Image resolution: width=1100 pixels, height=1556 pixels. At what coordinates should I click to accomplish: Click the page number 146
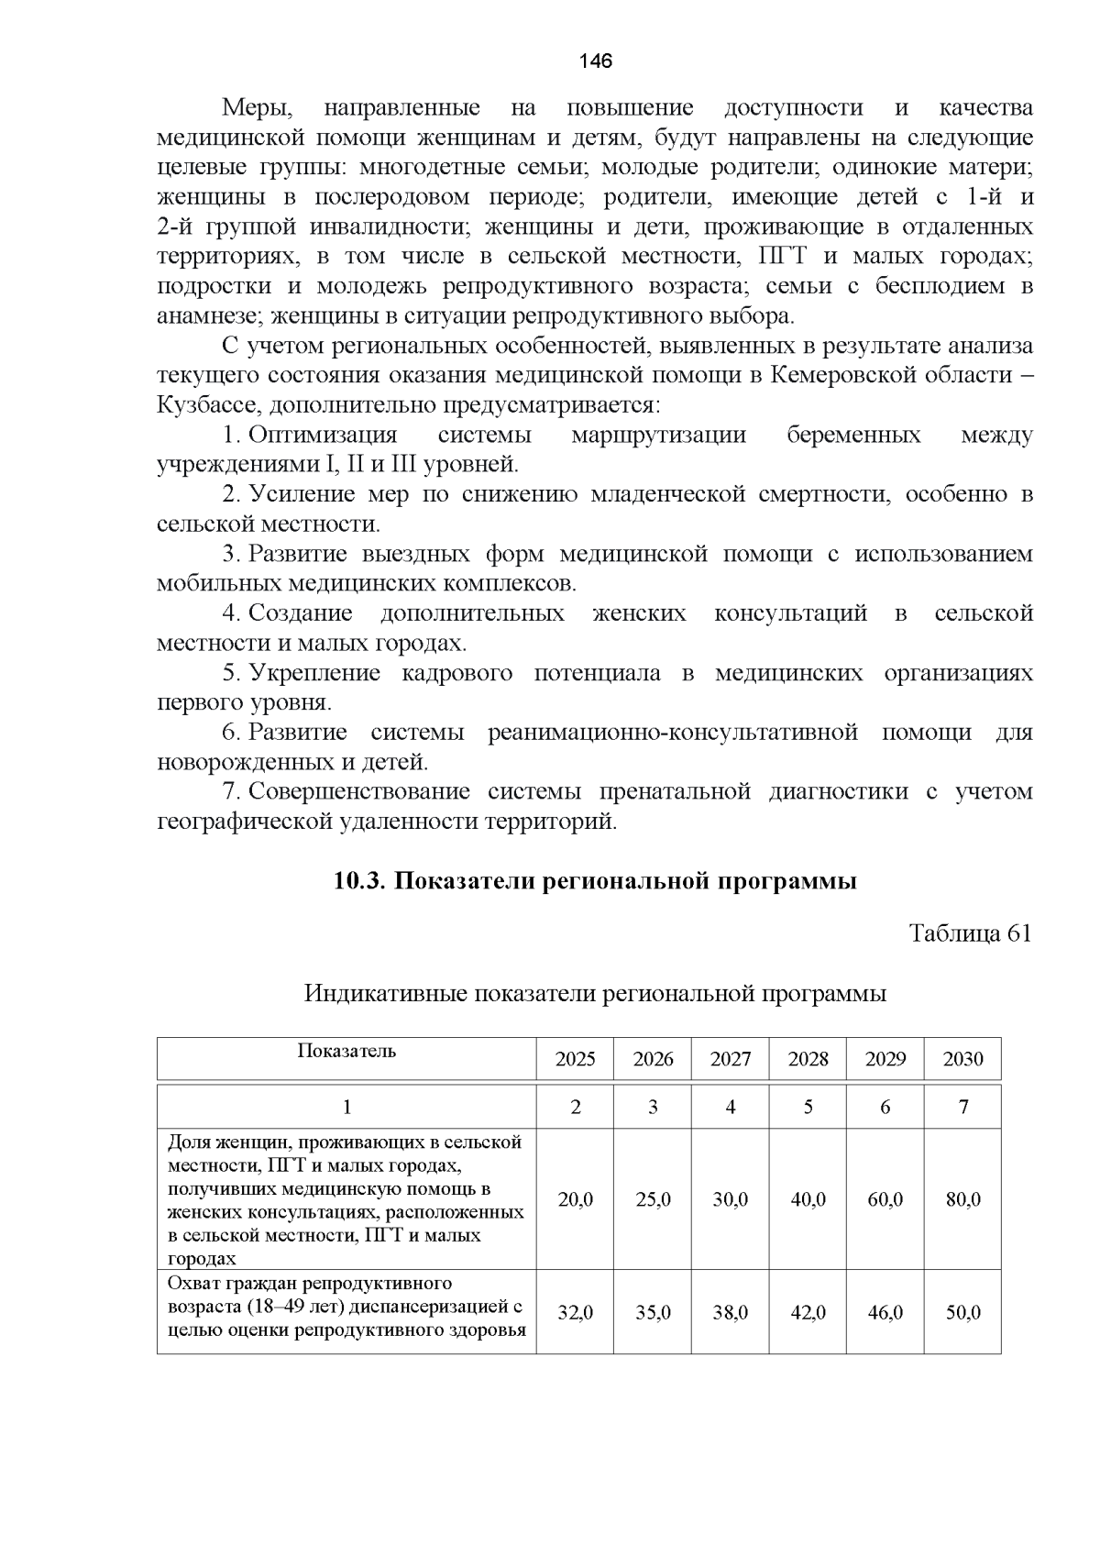click(596, 61)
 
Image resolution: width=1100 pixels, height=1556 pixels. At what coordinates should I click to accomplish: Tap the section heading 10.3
click(595, 881)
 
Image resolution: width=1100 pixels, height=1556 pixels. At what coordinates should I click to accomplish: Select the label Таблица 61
click(970, 933)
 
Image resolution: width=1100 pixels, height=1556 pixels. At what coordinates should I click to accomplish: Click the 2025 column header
click(575, 1059)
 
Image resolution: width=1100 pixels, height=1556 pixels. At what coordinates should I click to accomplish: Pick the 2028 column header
click(808, 1059)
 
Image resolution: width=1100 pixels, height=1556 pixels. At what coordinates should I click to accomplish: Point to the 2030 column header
click(962, 1059)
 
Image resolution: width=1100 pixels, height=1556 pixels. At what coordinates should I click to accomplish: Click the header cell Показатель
click(346, 1051)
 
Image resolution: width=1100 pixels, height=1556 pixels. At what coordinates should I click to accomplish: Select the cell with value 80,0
click(962, 1199)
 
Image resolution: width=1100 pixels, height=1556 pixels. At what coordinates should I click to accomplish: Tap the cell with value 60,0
click(885, 1199)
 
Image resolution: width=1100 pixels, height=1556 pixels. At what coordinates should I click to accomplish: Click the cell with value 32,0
click(575, 1313)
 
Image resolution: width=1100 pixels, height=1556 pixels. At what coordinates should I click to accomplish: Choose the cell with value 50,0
click(962, 1313)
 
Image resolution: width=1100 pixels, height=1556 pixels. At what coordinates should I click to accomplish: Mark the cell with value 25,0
click(653, 1199)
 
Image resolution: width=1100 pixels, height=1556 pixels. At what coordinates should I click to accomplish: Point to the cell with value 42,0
click(808, 1313)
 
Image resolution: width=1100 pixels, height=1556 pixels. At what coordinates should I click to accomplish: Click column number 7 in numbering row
click(962, 1107)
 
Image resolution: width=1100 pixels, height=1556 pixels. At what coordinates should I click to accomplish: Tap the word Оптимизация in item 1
click(323, 435)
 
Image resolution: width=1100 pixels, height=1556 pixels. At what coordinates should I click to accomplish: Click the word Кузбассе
click(203, 404)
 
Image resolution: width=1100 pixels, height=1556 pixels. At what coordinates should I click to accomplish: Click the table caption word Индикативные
click(385, 993)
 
